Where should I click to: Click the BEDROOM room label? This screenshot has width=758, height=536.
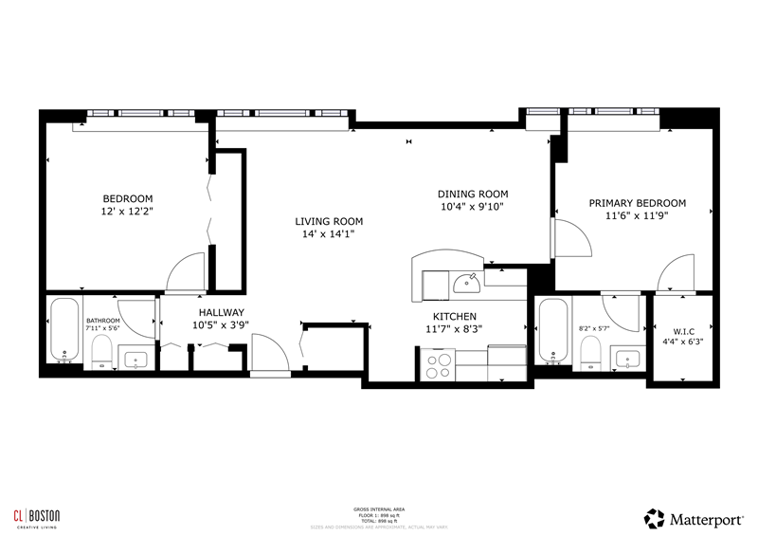click(x=127, y=199)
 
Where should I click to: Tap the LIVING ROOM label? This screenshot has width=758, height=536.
click(x=329, y=222)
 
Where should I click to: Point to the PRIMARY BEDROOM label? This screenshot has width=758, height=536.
click(x=637, y=203)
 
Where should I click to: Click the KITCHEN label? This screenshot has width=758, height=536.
click(x=454, y=317)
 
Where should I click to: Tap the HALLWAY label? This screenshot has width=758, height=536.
click(x=221, y=313)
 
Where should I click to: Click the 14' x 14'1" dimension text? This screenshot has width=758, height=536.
click(x=329, y=235)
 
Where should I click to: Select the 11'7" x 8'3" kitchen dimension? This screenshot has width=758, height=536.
click(x=454, y=330)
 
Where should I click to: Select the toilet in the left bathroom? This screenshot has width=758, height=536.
click(x=101, y=351)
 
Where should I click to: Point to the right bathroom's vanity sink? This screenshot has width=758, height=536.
click(x=626, y=358)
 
